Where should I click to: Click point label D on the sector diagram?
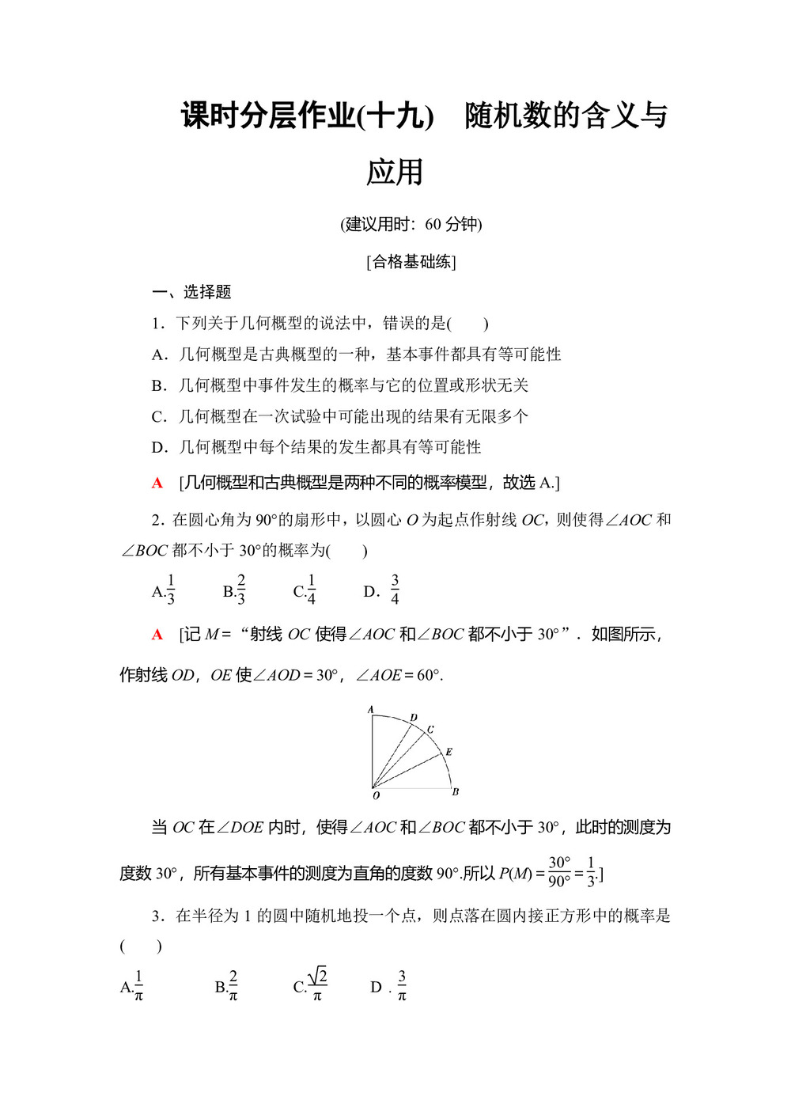click(414, 718)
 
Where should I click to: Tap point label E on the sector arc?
click(448, 751)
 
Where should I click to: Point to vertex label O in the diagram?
click(376, 795)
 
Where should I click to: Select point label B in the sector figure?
click(455, 791)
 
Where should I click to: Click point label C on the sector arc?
click(430, 729)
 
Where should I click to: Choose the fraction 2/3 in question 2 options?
click(240, 590)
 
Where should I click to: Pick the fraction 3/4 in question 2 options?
click(395, 590)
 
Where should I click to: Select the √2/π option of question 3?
click(317, 985)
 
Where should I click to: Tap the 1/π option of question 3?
click(138, 986)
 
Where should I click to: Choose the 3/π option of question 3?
click(402, 986)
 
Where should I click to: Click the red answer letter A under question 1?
click(157, 483)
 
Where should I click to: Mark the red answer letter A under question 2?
click(157, 634)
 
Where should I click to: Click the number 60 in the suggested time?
click(433, 224)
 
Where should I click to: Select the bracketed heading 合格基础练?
click(411, 261)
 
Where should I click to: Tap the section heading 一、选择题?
click(191, 292)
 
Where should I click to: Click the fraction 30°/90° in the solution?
click(559, 871)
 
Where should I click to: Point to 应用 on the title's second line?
click(395, 172)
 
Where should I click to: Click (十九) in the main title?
click(395, 116)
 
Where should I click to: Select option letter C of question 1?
click(158, 416)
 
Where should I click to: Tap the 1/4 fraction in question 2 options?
click(311, 590)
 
